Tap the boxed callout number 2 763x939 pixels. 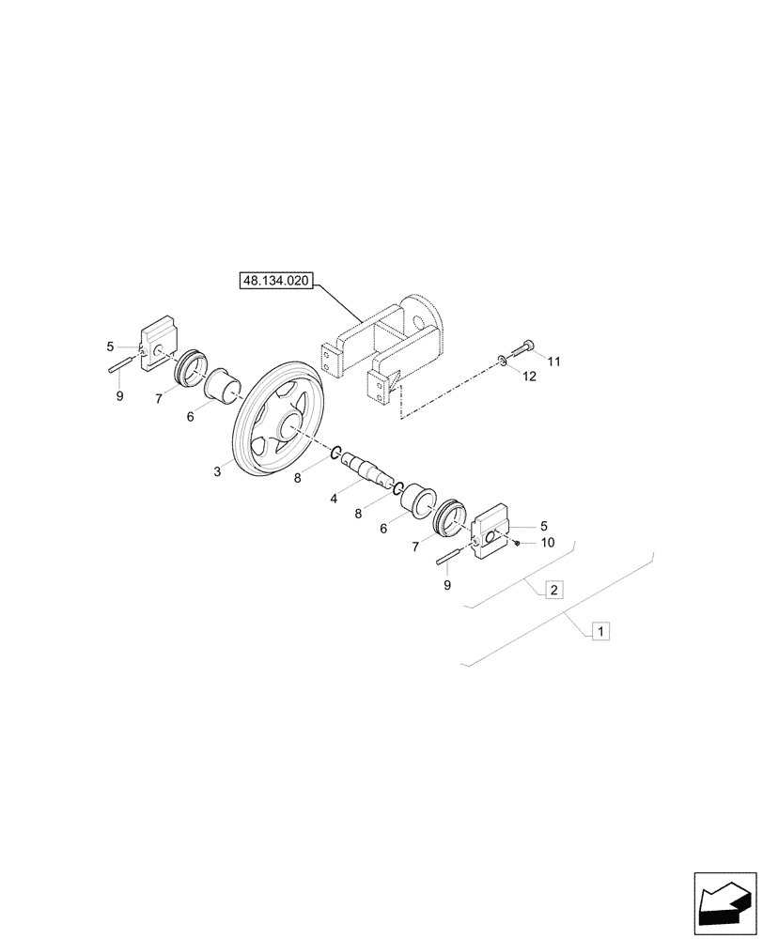(554, 590)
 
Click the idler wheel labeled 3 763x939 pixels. (280, 427)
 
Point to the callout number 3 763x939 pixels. (217, 472)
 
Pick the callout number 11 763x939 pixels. (554, 362)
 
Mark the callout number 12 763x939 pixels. (529, 377)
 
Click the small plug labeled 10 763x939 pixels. (517, 542)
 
